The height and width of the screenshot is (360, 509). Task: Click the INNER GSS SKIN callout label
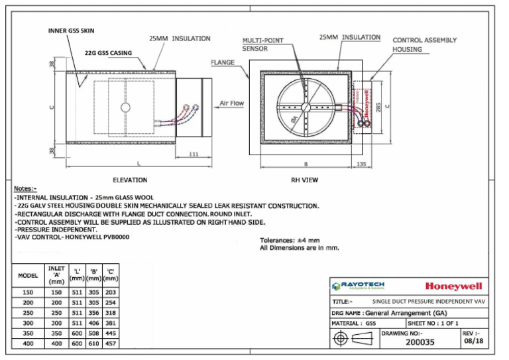coord(72,30)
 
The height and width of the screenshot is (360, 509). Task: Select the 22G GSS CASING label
coord(108,52)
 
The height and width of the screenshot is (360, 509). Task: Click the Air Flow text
coord(231,103)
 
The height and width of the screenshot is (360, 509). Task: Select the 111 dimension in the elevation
coord(194,153)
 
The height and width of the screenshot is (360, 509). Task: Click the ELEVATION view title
coord(130,180)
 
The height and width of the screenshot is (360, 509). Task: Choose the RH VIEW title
coord(306,180)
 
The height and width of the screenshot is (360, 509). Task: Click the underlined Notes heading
coord(25,188)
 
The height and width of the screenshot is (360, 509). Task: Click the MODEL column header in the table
coord(27,275)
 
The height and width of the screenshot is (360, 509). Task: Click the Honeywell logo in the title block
coord(453,286)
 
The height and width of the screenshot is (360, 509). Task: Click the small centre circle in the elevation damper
coord(124,107)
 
